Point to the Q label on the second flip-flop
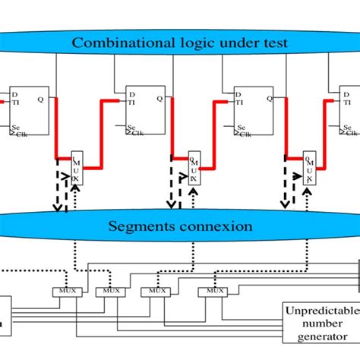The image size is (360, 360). click(160, 98)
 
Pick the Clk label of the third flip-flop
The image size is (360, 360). click(245, 134)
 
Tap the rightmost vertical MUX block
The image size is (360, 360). click(309, 169)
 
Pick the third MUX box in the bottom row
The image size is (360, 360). click(156, 292)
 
